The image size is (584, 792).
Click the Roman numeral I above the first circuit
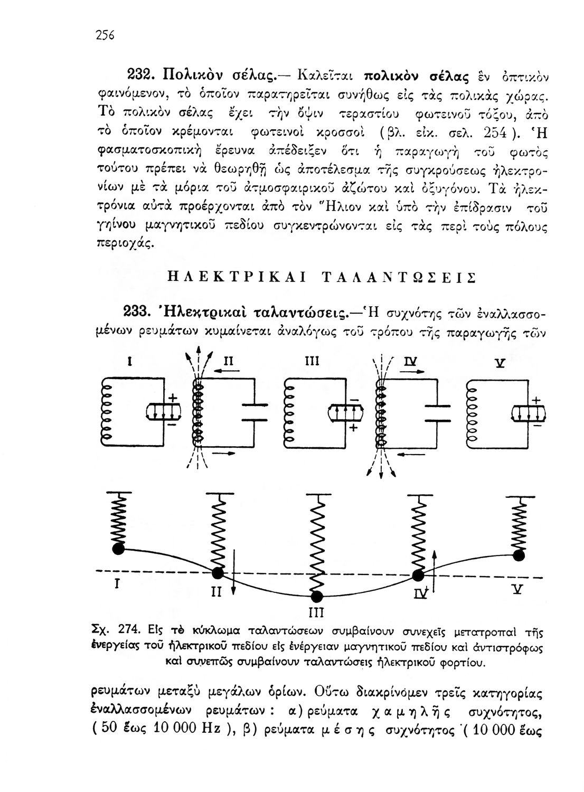point(129,362)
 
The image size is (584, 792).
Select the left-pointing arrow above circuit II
point(214,372)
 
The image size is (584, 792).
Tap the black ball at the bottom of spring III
point(316,597)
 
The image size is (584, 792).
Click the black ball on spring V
point(520,555)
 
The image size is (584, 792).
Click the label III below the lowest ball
point(316,614)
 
